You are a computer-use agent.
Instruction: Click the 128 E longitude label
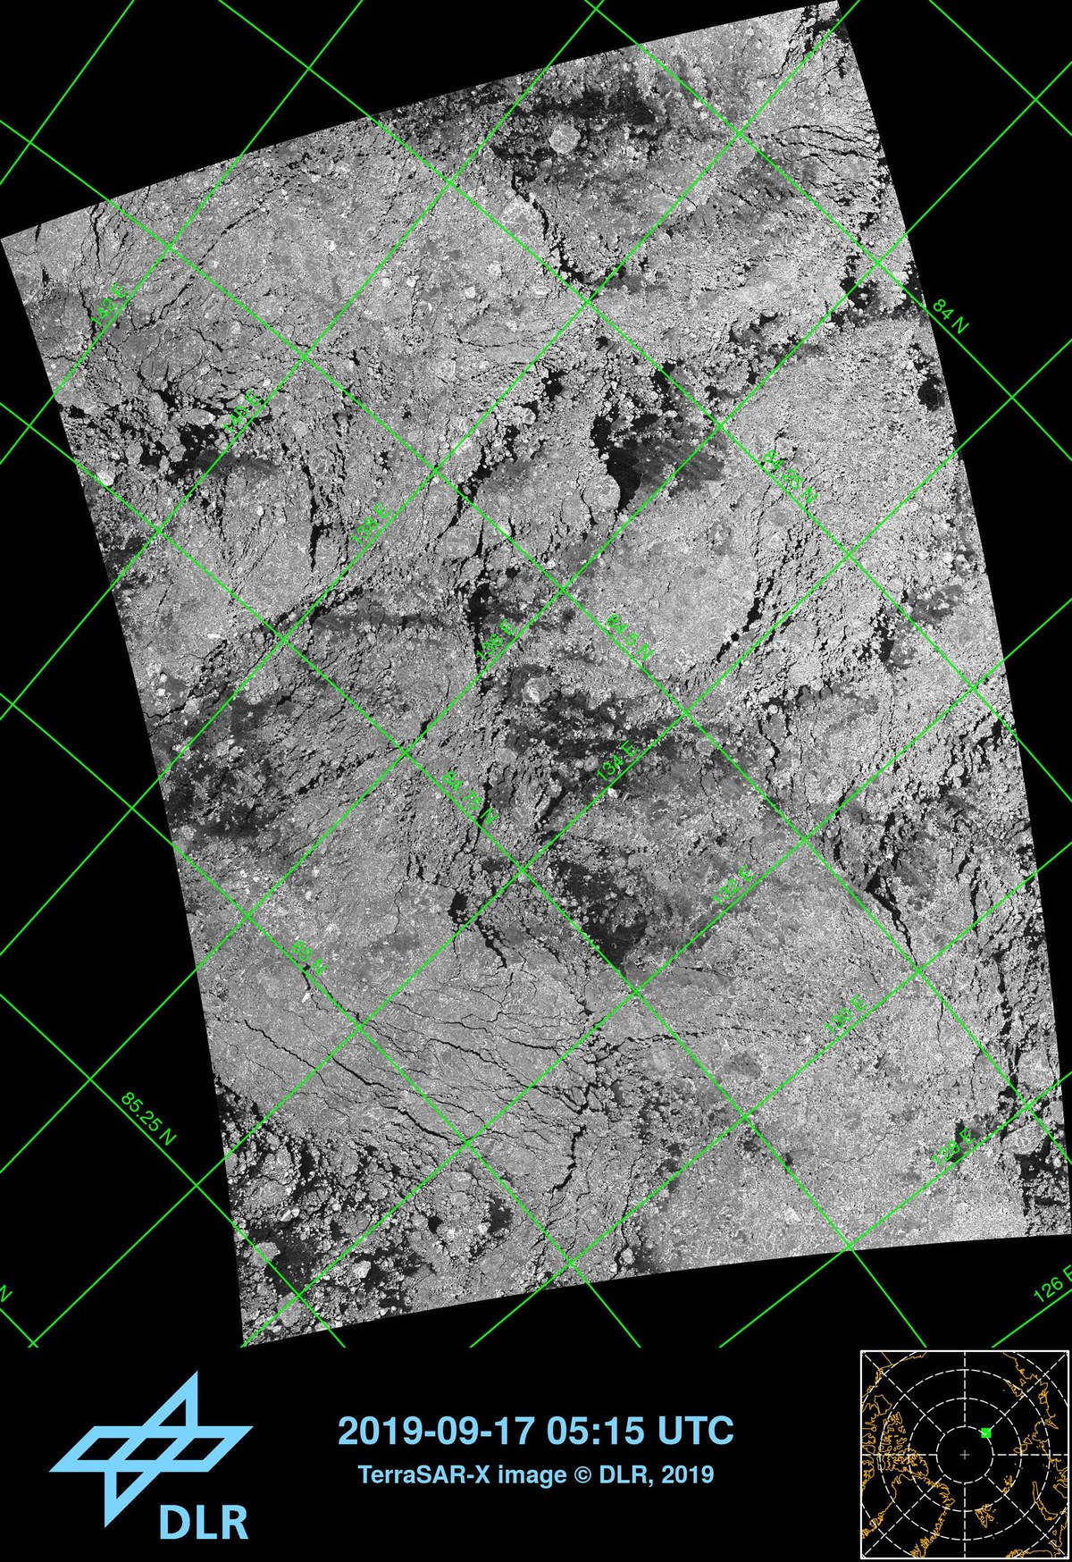[x=952, y=1146]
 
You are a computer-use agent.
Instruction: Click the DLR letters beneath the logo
[x=203, y=1520]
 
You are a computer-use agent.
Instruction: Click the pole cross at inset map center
[x=964, y=1456]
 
